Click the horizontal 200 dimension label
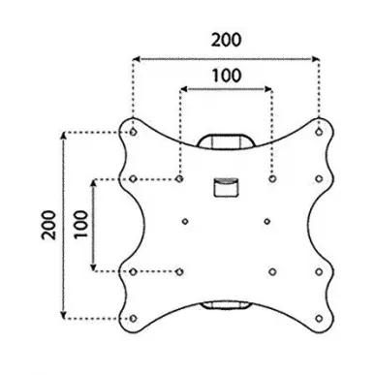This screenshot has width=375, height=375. pos(226,40)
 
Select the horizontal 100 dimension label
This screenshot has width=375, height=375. pos(227,76)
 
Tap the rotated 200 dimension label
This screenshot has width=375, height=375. pos(48,225)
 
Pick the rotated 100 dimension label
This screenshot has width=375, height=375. pos(80,224)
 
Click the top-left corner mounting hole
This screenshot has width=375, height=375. pos(133,132)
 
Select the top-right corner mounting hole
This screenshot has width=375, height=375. pos(319,132)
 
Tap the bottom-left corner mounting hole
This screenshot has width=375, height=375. pos(133,319)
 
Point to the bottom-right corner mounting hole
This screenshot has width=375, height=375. pos(319,319)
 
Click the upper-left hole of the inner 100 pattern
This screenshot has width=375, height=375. pos(179,178)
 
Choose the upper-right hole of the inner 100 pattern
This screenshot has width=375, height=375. pos(272,178)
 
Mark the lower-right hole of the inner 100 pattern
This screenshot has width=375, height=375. pos(272,272)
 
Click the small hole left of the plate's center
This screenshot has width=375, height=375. pos(185,222)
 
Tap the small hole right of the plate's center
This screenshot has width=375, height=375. pos(267,222)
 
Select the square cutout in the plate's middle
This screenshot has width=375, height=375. pos(226,187)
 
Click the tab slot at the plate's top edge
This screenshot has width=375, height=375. pos(226,141)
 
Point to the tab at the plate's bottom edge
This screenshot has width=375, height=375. pos(226,305)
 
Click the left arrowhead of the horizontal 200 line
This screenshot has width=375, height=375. pos(137,59)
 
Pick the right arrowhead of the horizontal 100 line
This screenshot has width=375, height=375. pos(267,89)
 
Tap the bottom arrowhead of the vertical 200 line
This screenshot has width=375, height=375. pos(64,315)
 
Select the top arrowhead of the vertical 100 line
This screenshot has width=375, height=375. pos(94,184)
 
